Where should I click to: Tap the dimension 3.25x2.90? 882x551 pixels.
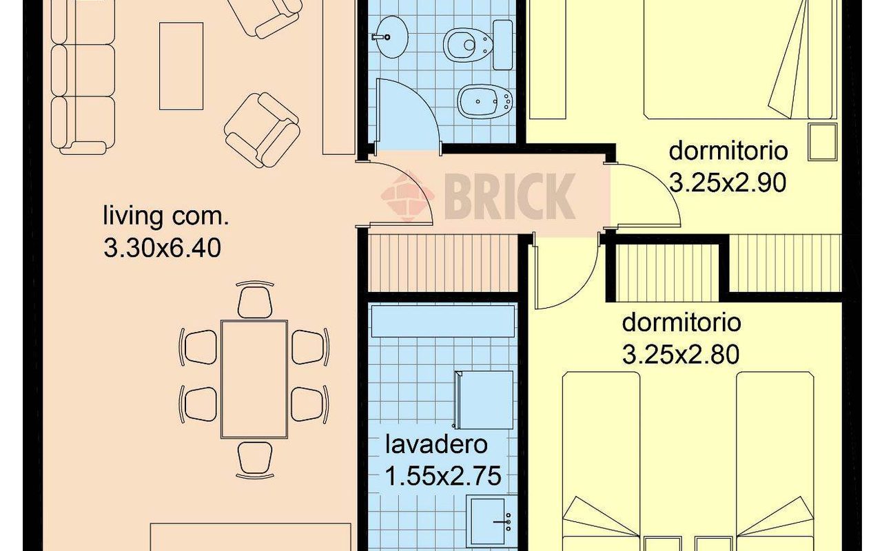pyautogui.click(x=728, y=183)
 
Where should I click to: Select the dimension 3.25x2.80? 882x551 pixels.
pyautogui.click(x=681, y=354)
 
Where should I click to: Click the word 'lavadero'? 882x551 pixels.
pyautogui.click(x=435, y=444)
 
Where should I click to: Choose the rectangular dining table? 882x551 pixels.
pyautogui.click(x=254, y=379)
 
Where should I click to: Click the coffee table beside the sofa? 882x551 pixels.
pyautogui.click(x=181, y=66)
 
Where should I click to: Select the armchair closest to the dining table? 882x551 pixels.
pyautogui.click(x=263, y=129)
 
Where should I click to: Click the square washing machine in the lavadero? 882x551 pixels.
pyautogui.click(x=483, y=400)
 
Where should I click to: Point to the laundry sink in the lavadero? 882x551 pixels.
pyautogui.click(x=491, y=521)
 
